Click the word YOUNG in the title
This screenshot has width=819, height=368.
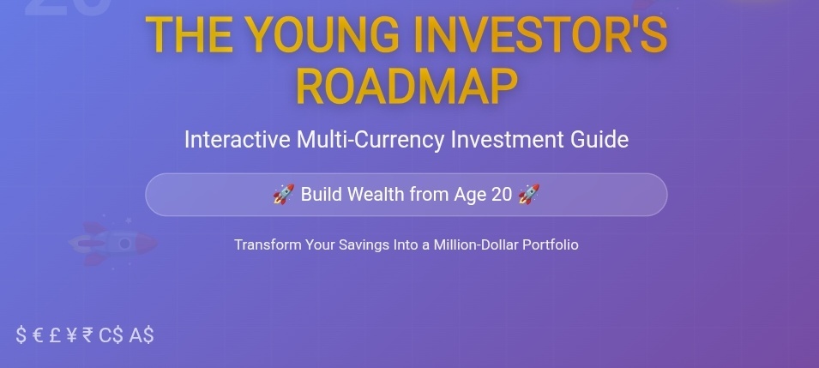322,34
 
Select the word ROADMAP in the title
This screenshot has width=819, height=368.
406,87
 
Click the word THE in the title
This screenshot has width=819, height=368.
189,34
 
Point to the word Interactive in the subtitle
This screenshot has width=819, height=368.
238,140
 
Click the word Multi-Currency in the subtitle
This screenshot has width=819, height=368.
370,140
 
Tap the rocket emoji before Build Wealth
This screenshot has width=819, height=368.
284,194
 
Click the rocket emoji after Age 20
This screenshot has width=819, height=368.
528,194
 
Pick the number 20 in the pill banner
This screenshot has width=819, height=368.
502,195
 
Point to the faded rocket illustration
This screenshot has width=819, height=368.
113,243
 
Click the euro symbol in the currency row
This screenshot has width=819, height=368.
38,335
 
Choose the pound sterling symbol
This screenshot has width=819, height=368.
55,335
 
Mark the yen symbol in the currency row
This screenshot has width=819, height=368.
72,335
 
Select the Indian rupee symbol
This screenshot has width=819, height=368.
87,335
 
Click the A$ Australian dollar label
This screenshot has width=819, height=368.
142,335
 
